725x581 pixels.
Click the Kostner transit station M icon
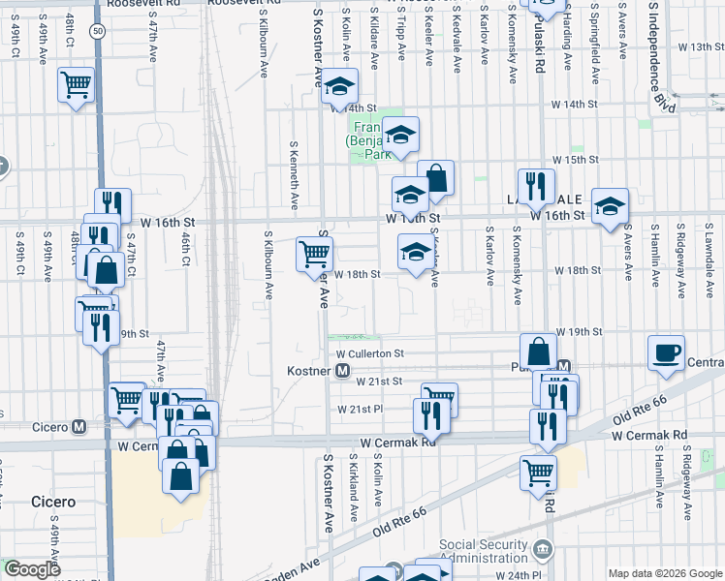pyautogui.click(x=342, y=371)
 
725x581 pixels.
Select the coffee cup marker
pyautogui.click(x=666, y=353)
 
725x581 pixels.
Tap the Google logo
pyautogui.click(x=32, y=569)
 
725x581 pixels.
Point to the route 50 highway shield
pyautogui.click(x=98, y=31)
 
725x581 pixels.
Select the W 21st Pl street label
pyautogui.click(x=361, y=409)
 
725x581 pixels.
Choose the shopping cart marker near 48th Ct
pyautogui.click(x=76, y=84)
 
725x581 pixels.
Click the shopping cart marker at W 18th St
pyautogui.click(x=314, y=255)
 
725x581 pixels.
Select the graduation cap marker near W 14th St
pyautogui.click(x=339, y=87)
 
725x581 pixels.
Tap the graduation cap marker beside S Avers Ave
pyautogui.click(x=610, y=206)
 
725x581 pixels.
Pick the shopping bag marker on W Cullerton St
pyautogui.click(x=538, y=351)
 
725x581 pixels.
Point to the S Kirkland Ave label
pyautogui.click(x=353, y=491)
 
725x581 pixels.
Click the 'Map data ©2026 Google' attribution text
pyautogui.click(x=664, y=573)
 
